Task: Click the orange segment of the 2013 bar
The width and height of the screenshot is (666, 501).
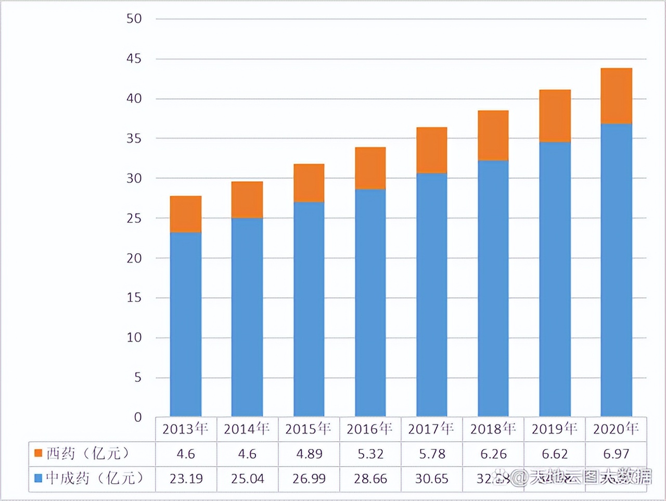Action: point(186,214)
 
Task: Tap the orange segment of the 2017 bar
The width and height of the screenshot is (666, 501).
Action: point(432,150)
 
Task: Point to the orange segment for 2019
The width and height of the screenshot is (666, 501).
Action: point(555,116)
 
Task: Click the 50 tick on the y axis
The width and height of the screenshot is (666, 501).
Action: point(134,19)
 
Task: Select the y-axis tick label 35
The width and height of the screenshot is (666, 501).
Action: point(134,139)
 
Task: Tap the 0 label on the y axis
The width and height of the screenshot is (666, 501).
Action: point(138,417)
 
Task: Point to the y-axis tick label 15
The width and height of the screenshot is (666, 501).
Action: point(134,297)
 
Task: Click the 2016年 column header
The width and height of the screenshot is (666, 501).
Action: point(370,429)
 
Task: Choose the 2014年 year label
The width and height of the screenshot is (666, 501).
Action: point(247,429)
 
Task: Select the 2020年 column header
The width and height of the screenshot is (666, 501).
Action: point(616,429)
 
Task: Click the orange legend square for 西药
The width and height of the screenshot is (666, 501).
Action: point(38,453)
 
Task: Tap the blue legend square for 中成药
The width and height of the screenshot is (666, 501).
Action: point(38,478)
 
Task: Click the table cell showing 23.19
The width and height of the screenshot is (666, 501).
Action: point(186,479)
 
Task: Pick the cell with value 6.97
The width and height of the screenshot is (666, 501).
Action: point(616,454)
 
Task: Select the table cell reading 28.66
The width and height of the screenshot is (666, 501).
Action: point(370,479)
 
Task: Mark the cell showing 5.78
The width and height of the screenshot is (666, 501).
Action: point(432,454)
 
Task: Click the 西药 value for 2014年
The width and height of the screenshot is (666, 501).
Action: point(247,454)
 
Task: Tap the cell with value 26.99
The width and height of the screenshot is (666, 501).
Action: point(309,479)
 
